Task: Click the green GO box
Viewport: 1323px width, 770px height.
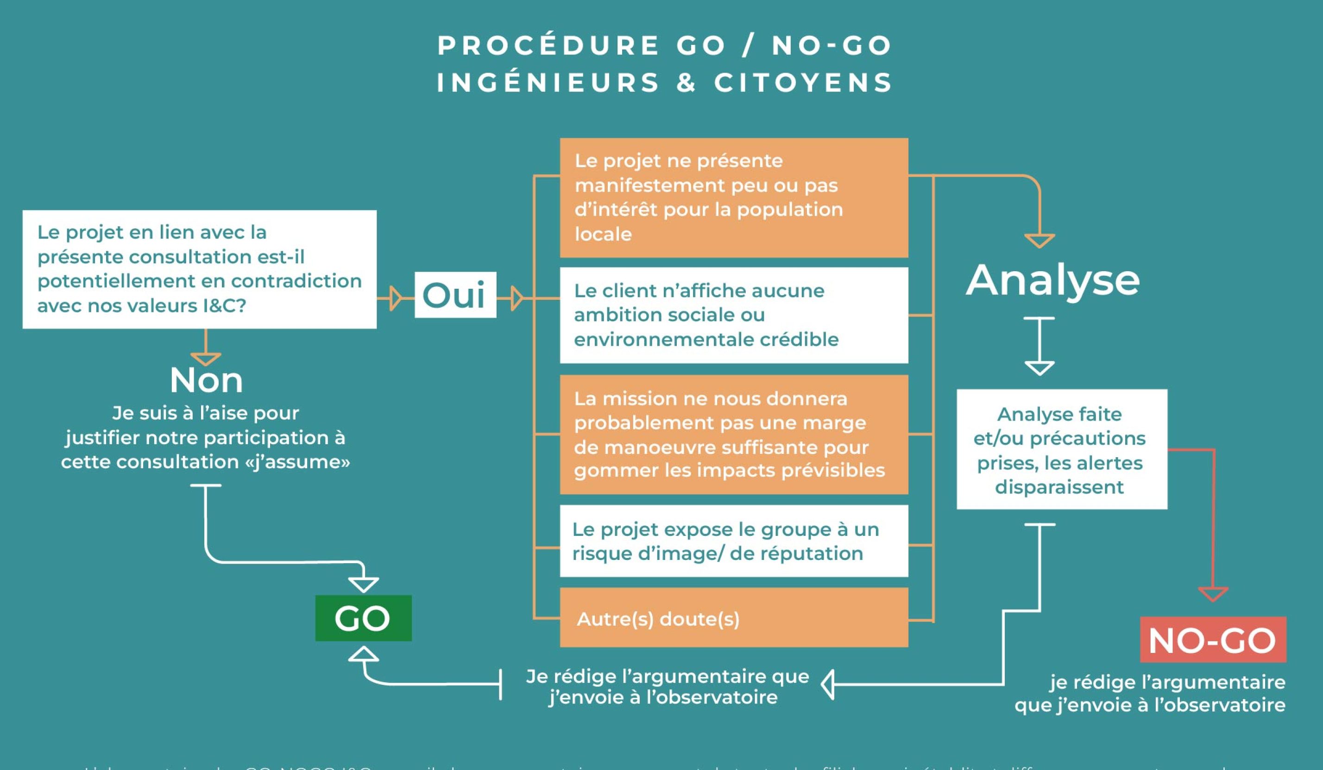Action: coord(363,618)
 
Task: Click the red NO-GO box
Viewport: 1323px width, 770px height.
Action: coord(1213,640)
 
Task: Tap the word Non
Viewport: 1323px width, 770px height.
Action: coord(206,380)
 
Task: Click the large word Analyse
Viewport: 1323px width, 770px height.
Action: coord(1052,280)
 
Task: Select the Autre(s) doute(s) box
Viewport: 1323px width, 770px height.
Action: coord(733,618)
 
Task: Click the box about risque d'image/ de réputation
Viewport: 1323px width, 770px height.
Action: coord(733,541)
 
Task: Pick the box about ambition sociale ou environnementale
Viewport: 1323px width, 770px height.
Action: coord(733,315)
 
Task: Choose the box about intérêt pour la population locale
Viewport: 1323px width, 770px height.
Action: coord(733,198)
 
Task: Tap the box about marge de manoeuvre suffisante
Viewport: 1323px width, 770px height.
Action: coord(733,435)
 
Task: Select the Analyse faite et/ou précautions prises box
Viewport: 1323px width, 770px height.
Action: coord(1062,449)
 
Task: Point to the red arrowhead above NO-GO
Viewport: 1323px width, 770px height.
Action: coord(1213,594)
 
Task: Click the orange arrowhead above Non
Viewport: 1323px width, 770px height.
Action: coord(206,359)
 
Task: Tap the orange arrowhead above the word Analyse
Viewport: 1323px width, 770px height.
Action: coord(1039,241)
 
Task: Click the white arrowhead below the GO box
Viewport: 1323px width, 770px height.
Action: coord(363,655)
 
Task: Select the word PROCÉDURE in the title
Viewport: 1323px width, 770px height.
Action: coord(548,46)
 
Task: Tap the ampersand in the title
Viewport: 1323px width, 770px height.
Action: coord(686,83)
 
